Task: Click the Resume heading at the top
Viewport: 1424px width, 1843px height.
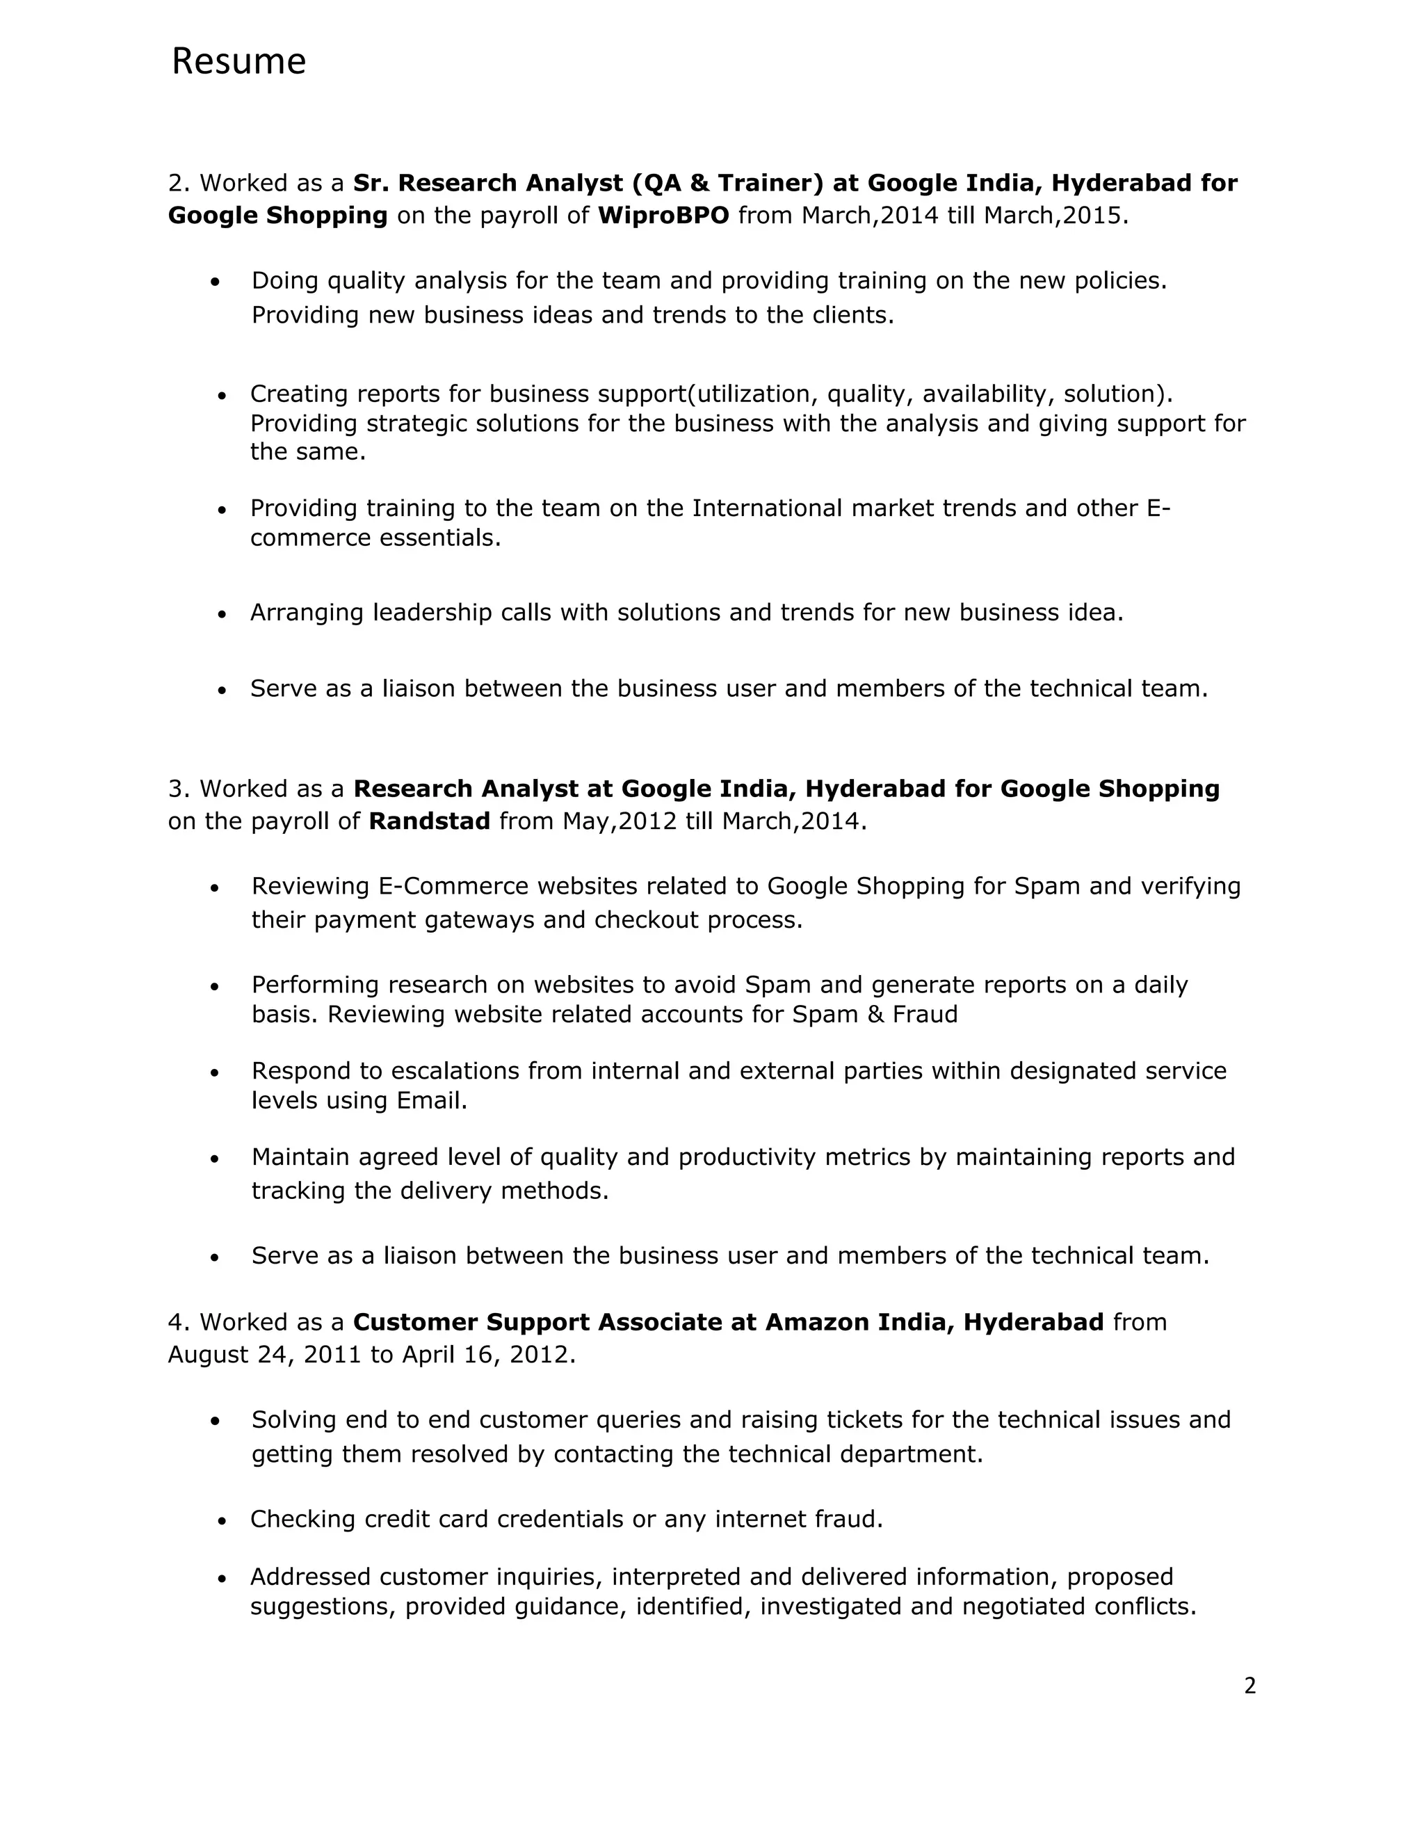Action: (x=238, y=62)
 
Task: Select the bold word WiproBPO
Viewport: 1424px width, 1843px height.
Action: (x=663, y=216)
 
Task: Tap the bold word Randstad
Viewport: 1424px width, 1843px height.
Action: (x=430, y=821)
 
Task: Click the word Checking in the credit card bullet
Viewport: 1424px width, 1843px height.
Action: (x=303, y=1519)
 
